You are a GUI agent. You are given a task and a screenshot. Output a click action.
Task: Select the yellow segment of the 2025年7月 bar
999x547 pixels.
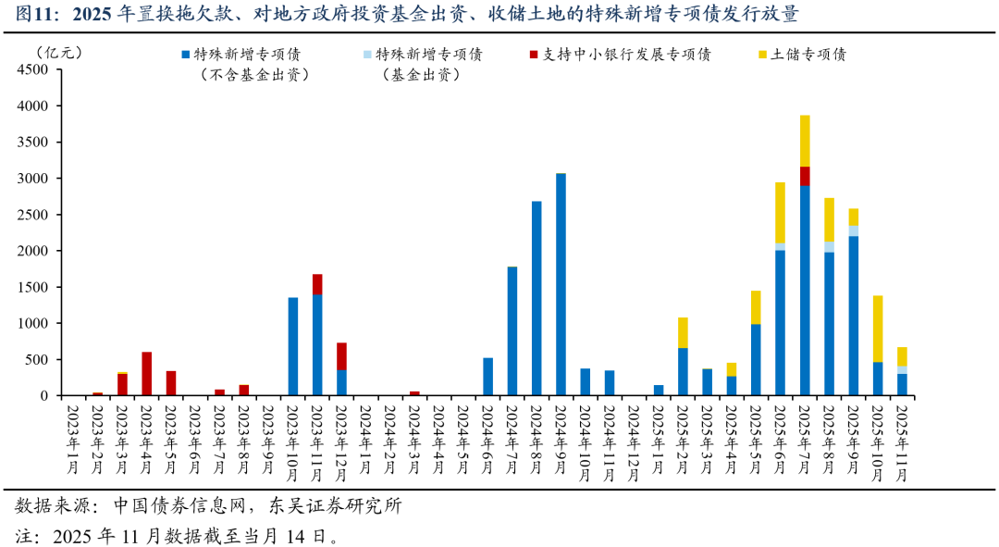pos(805,141)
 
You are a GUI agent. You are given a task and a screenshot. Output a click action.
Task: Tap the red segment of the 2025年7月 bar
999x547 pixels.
pos(805,176)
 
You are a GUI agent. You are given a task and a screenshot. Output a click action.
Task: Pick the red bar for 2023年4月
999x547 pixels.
pos(147,374)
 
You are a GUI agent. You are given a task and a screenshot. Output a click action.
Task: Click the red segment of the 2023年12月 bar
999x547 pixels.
pos(341,356)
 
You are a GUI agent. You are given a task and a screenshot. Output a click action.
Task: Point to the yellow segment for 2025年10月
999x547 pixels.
pos(878,329)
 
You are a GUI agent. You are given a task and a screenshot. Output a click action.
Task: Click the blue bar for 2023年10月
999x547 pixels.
pos(293,346)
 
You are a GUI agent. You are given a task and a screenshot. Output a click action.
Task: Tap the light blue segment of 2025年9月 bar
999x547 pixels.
pos(854,230)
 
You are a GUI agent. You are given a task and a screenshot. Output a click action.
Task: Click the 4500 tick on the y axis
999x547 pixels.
pos(36,69)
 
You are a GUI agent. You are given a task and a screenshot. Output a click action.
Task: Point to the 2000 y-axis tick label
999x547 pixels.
pos(36,251)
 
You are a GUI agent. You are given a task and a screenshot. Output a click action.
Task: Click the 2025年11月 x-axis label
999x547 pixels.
pos(902,439)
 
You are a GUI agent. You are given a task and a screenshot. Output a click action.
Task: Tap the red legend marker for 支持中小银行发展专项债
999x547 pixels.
pos(534,55)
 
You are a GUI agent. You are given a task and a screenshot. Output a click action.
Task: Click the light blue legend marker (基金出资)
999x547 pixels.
pos(367,55)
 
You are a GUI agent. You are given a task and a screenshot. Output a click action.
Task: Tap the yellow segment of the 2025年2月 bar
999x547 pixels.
pos(683,332)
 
